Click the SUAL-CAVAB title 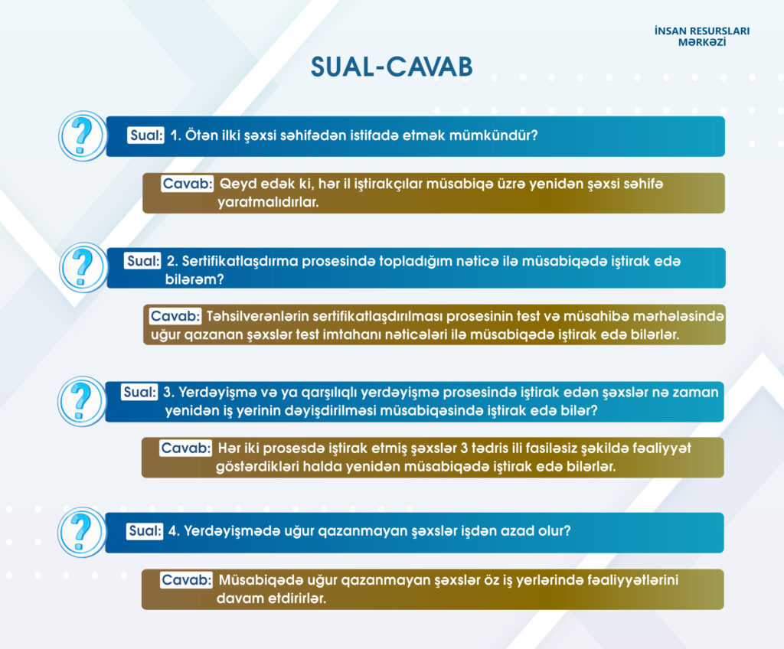click(391, 67)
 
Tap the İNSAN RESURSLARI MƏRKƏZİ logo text click(702, 37)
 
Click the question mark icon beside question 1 click(83, 135)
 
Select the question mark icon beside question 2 click(83, 267)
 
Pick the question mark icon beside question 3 click(82, 401)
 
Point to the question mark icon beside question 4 click(82, 532)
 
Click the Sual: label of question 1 click(146, 135)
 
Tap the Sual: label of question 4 click(145, 530)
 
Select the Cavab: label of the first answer click(188, 184)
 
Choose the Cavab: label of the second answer click(175, 316)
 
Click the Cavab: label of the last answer click(187, 579)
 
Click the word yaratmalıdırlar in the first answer click(268, 202)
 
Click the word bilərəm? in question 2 click(194, 279)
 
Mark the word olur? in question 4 click(554, 530)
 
